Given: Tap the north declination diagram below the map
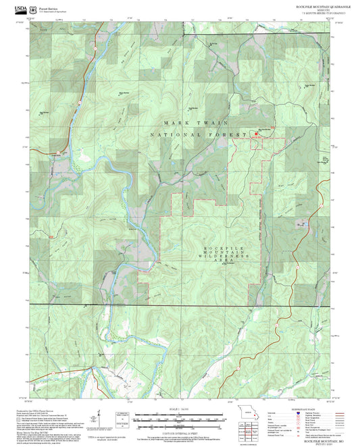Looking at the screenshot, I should (99, 415).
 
